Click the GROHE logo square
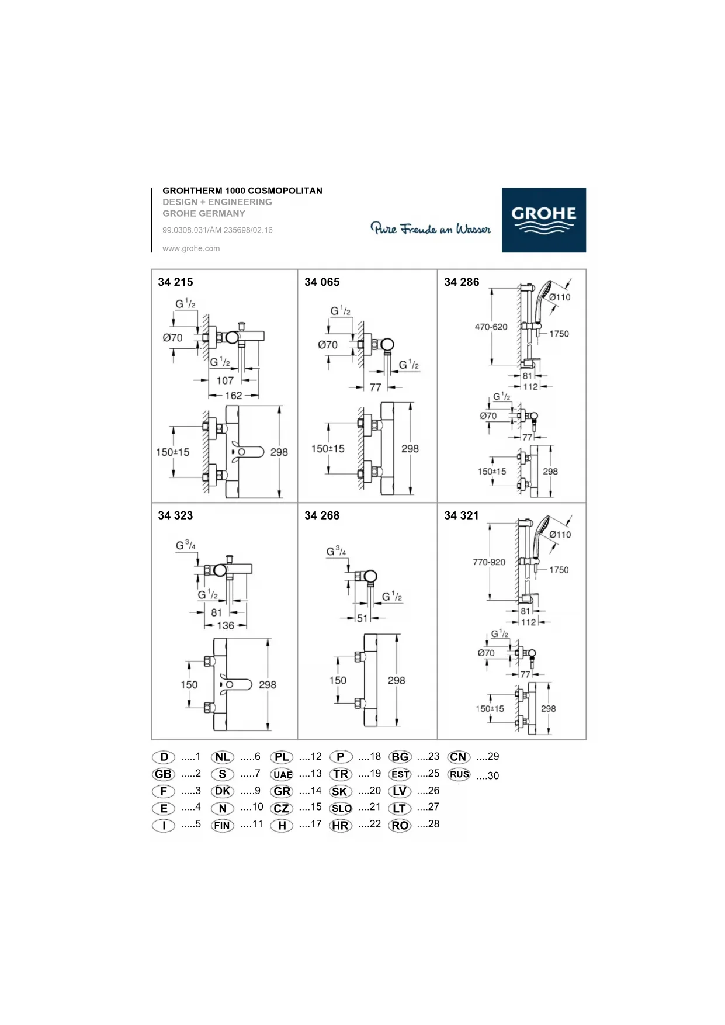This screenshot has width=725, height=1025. [x=543, y=220]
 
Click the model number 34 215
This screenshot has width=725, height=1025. [x=175, y=282]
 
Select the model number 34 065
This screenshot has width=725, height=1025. [x=322, y=282]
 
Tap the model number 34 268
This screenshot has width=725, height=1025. [x=322, y=515]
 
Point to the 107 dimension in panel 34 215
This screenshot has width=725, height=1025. [x=225, y=380]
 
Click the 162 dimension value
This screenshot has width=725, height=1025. [x=234, y=396]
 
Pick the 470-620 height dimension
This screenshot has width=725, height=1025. [x=491, y=327]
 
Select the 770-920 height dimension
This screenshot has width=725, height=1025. [x=489, y=562]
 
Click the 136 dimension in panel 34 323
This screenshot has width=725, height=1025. [x=226, y=626]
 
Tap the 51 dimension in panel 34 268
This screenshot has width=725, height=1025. [x=362, y=618]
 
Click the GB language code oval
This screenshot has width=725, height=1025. [x=164, y=774]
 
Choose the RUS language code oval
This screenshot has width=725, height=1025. [x=459, y=774]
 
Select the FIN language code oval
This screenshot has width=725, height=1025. [x=223, y=826]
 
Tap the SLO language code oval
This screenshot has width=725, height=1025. [x=341, y=809]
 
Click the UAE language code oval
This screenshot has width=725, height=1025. [x=282, y=775]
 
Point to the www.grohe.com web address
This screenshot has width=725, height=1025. [x=191, y=248]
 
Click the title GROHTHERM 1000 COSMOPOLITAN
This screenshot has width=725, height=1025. [x=242, y=191]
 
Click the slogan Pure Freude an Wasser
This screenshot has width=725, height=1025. [x=431, y=228]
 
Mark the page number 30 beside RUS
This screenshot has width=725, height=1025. [x=493, y=776]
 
